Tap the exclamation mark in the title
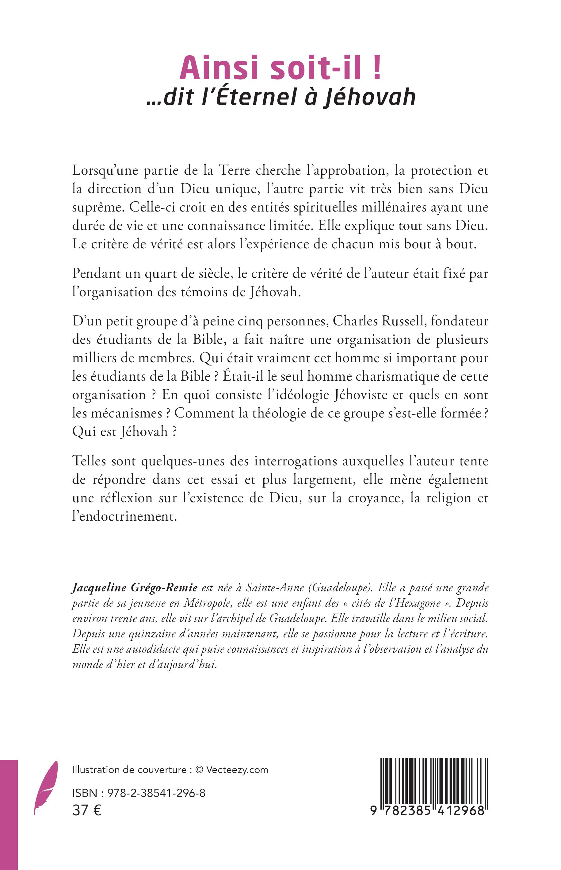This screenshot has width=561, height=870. (377, 68)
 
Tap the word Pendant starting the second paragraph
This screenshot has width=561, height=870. (96, 273)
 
